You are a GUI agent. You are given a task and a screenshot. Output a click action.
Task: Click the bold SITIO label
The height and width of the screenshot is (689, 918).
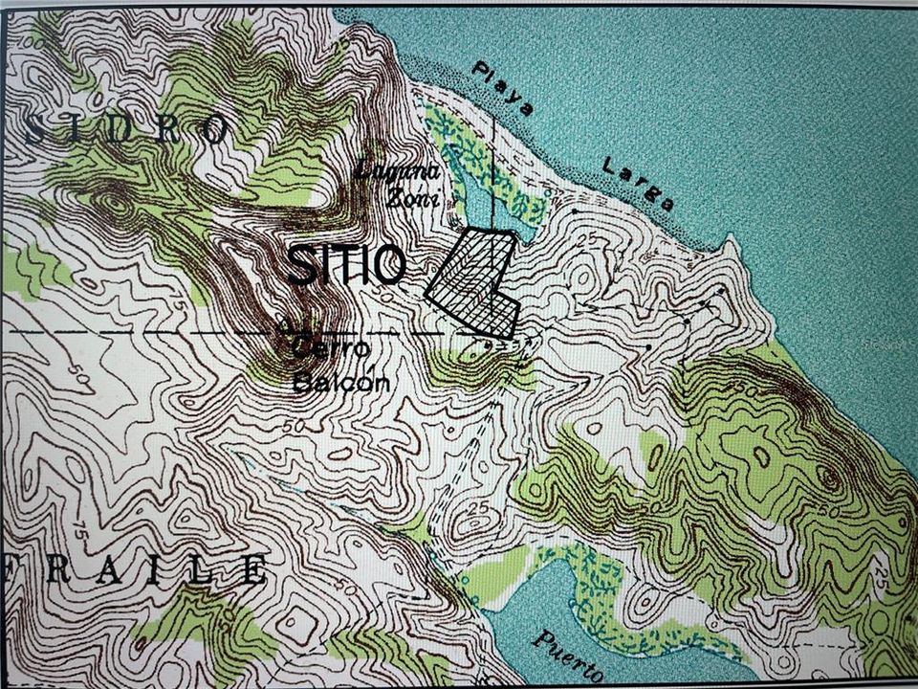pyautogui.click(x=346, y=265)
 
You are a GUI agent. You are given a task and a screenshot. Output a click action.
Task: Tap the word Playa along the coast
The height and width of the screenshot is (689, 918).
pyautogui.click(x=503, y=91)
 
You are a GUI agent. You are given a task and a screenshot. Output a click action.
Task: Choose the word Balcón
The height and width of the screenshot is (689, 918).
pyautogui.click(x=327, y=383)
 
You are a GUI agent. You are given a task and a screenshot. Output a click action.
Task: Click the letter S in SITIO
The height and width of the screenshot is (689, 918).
pyautogui.click(x=300, y=265)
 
